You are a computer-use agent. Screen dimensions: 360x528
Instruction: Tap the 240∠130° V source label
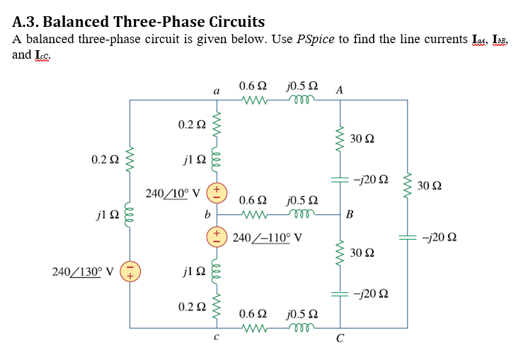click(83, 270)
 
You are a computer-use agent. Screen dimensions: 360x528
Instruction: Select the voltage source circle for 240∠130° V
click(130, 271)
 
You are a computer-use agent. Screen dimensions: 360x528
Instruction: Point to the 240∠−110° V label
click(268, 238)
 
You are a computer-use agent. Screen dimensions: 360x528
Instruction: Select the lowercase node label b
click(207, 212)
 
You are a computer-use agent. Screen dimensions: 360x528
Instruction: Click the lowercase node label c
click(216, 337)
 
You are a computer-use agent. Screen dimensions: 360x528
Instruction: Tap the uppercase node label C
click(340, 339)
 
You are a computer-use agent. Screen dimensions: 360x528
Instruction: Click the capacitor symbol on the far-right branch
click(408, 238)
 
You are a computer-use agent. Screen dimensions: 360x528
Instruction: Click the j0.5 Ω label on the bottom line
click(302, 313)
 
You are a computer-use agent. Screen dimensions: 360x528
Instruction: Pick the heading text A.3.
click(26, 21)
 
